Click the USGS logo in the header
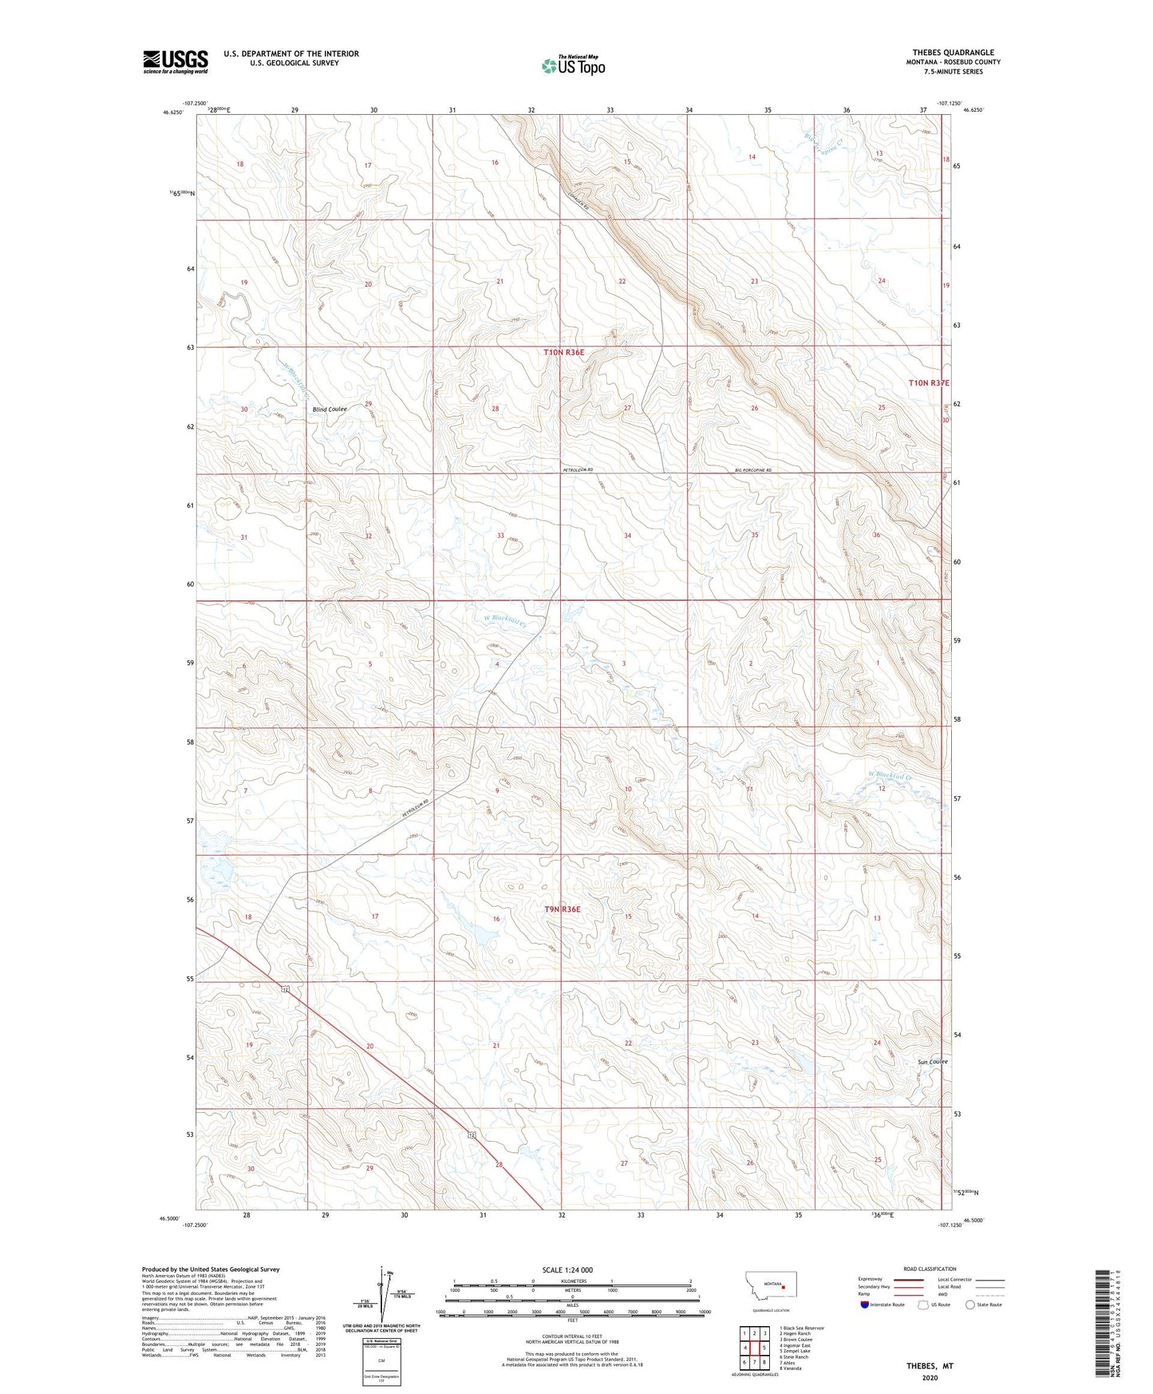pos(176,61)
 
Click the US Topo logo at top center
pos(572,65)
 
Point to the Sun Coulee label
pos(932,1062)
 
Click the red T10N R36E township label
pos(564,352)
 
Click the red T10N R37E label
pos(929,383)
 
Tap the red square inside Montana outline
pos(784,1287)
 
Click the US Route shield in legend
pos(924,1305)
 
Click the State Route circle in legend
pos(970,1305)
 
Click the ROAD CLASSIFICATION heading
pos(930,1269)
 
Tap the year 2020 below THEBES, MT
pos(930,1377)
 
